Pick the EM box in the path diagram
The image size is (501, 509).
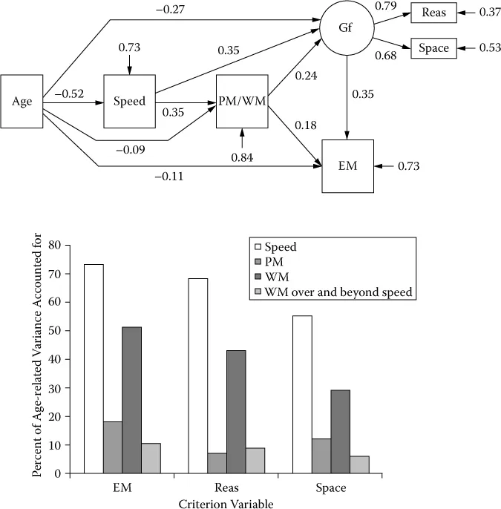347,166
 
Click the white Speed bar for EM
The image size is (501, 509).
94,368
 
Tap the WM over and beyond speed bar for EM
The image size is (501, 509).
151,458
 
